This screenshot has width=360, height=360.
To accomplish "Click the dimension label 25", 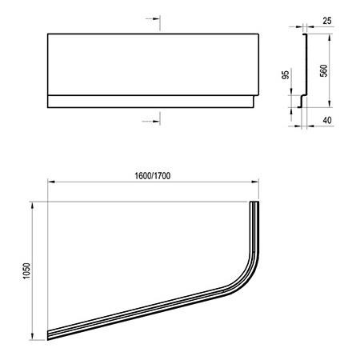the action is coord(327,21).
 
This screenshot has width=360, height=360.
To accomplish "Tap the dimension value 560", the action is coord(323,70).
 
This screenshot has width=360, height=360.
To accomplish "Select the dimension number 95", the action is coord(286,75).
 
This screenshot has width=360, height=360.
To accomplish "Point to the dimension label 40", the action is coord(327,121).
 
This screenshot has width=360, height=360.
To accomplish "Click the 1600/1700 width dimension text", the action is coord(152,176).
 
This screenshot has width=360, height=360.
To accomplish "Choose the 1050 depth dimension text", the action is coord(26,271).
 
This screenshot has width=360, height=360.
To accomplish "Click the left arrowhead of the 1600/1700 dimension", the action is coord(51,182).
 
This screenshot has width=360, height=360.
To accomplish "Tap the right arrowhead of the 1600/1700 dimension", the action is coord(255,182).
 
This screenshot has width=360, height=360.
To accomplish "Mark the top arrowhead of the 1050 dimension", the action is coord(33,206).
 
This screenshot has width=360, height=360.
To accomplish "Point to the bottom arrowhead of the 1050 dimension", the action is coord(33,337).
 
